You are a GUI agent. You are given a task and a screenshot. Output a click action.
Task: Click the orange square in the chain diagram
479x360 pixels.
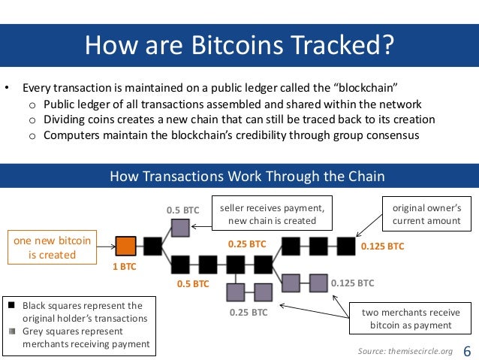(x=126, y=246)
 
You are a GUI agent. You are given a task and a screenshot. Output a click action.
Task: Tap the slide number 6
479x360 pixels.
(x=468, y=351)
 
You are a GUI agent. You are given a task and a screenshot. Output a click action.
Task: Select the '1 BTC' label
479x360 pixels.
(x=124, y=267)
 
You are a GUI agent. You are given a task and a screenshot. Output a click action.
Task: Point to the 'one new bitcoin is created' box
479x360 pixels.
(x=53, y=247)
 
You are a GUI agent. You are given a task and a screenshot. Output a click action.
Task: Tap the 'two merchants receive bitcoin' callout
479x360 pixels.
(x=411, y=319)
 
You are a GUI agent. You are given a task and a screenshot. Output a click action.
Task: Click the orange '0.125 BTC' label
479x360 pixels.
(x=382, y=246)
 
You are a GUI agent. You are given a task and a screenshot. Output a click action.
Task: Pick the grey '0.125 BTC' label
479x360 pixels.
(x=352, y=283)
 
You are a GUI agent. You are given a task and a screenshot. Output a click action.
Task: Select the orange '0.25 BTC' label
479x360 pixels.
(x=248, y=244)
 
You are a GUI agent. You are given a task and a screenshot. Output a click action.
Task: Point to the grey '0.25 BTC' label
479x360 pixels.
(x=248, y=312)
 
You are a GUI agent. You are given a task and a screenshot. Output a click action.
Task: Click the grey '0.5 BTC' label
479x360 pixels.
(x=182, y=210)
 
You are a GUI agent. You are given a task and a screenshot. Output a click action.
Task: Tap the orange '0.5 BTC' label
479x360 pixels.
(x=193, y=284)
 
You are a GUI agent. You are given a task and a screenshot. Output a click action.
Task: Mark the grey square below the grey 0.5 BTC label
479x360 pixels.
(x=180, y=227)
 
